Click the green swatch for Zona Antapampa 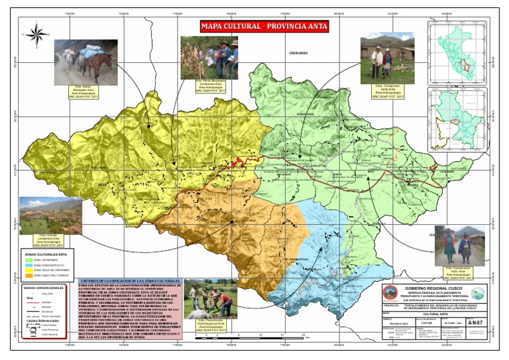point(28,261)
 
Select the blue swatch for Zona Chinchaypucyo point(28,266)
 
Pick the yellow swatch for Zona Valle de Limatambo point(28,271)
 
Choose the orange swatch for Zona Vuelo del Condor point(28,276)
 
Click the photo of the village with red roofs point(50,216)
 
